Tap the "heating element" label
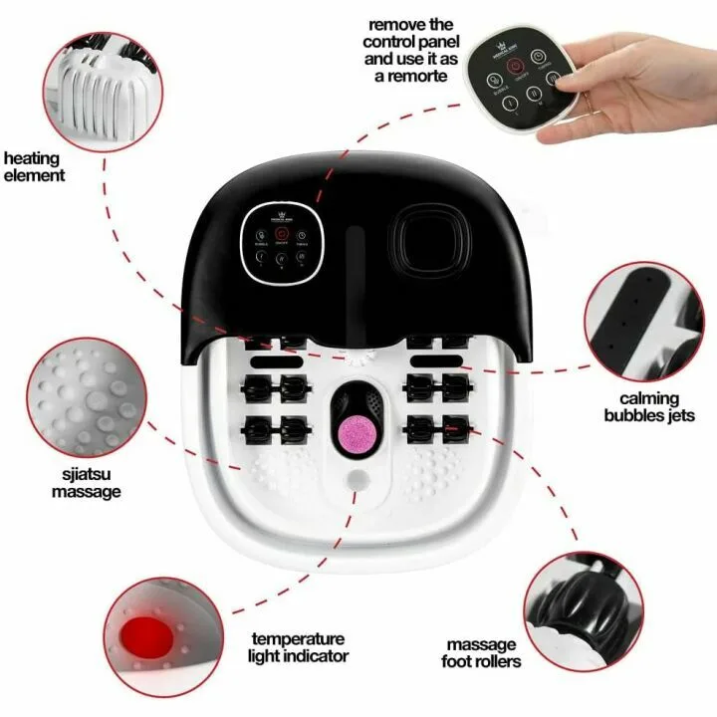click(34, 166)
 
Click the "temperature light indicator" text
click(299, 646)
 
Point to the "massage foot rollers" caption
click(480, 652)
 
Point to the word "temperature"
click(298, 638)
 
